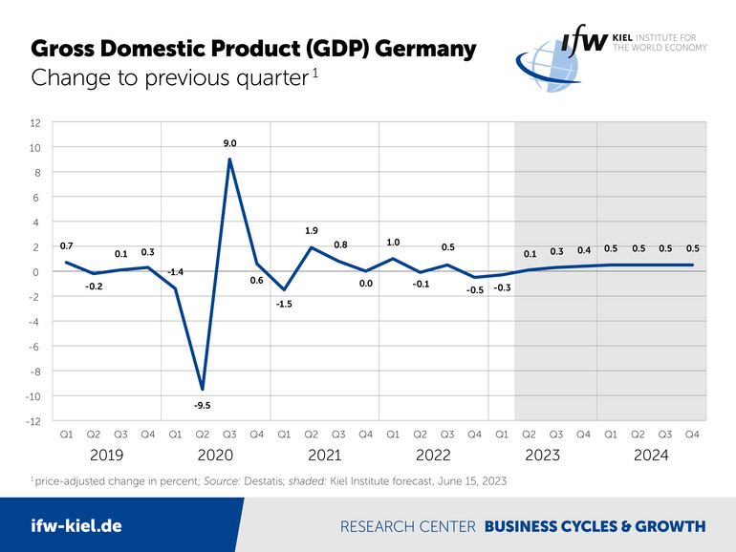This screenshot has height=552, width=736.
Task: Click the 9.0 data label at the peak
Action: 229,143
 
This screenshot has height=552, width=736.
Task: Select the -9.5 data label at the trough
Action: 202,406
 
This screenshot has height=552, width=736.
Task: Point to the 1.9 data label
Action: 311,230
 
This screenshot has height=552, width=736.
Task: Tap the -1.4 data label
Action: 175,272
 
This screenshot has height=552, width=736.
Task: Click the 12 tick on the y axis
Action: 34,123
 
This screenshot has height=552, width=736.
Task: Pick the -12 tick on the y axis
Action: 32,421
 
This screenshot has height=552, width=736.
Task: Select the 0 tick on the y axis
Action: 37,272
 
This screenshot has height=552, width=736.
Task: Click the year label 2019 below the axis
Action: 106,456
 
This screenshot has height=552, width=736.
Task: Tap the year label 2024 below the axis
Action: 651,456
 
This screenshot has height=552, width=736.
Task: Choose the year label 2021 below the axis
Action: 324,456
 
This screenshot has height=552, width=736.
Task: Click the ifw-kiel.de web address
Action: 76,525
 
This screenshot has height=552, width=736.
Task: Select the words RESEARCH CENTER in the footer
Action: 408,526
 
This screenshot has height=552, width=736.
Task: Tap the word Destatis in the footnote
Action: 264,480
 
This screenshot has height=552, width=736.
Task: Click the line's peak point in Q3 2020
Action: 229,159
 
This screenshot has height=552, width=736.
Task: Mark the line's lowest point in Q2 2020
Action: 202,390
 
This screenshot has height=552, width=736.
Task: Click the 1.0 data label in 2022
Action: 393,243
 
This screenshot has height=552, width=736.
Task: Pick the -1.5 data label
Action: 284,304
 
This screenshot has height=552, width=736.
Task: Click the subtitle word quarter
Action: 257,78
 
